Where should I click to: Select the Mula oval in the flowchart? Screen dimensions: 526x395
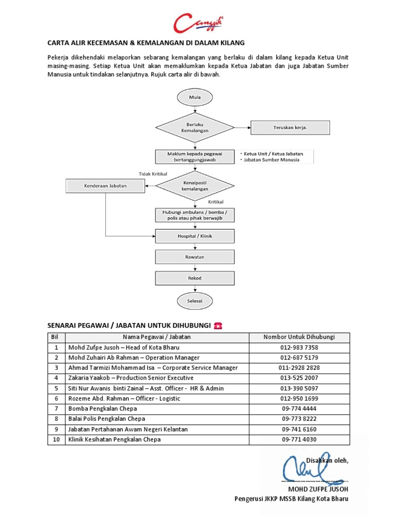(x=195, y=97)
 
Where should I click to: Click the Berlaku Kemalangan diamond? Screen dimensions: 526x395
(x=195, y=127)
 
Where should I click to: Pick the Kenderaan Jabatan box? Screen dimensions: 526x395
(x=105, y=185)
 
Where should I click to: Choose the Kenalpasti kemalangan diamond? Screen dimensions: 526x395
(x=195, y=185)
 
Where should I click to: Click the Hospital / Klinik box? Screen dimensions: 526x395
(x=195, y=236)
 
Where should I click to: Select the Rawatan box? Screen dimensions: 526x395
(x=195, y=257)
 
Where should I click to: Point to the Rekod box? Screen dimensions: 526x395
(x=195, y=278)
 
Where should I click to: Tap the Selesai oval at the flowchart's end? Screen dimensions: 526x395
(x=195, y=300)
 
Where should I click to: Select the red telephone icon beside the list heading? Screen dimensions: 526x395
(x=218, y=326)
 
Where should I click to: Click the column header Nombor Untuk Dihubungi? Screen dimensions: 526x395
(x=299, y=337)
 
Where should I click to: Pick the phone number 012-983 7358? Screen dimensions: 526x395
(x=299, y=348)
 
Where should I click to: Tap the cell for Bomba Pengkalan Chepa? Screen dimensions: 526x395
(x=100, y=408)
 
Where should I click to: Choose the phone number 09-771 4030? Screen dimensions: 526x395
(x=299, y=439)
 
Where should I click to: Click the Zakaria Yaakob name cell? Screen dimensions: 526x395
(x=131, y=378)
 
